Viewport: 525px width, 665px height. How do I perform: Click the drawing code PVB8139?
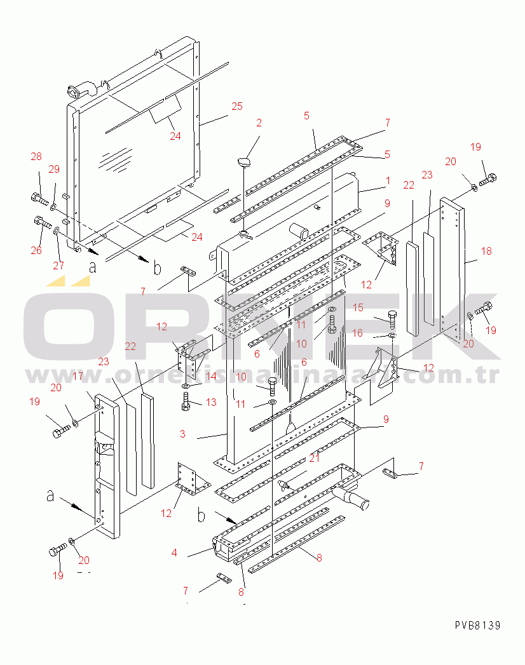click(477, 625)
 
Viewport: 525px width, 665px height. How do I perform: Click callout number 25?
click(237, 107)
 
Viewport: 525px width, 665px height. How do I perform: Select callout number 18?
click(486, 251)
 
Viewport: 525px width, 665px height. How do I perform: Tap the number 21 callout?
click(314, 458)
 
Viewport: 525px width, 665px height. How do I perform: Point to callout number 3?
click(182, 434)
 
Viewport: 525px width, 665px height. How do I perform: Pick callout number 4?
click(174, 553)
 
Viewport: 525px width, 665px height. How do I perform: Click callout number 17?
click(78, 376)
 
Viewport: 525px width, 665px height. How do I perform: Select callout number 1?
click(388, 180)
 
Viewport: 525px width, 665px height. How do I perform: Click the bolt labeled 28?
click(39, 198)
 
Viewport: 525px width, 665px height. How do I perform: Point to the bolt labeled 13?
click(186, 401)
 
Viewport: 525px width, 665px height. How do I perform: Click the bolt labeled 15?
click(392, 319)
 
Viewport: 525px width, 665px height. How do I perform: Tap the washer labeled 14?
click(186, 386)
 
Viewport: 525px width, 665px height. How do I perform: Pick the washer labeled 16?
click(392, 336)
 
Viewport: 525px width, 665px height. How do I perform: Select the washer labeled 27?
click(57, 231)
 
